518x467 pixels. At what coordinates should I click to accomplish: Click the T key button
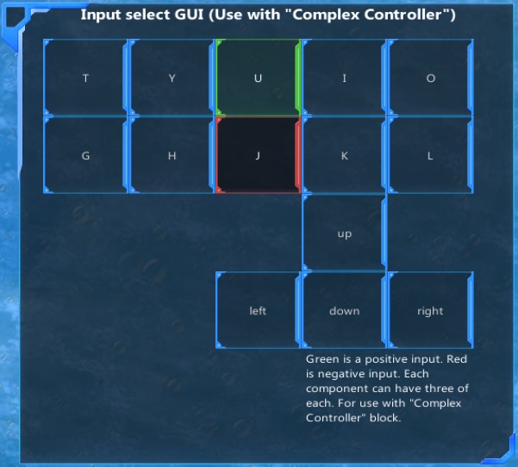tap(85, 78)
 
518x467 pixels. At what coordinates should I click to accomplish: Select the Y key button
tap(172, 78)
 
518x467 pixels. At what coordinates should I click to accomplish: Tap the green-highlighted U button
tap(258, 78)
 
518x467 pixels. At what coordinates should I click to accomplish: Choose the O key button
tap(430, 78)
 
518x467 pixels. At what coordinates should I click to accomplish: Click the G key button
tap(85, 156)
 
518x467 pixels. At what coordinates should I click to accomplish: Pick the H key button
tap(172, 156)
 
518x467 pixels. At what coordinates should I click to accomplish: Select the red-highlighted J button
tap(258, 156)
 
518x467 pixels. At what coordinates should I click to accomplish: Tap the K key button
tap(344, 156)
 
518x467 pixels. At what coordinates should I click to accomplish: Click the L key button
tap(430, 156)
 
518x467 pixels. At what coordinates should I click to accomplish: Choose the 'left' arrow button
tap(258, 311)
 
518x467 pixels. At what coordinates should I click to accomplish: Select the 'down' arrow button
tap(344, 311)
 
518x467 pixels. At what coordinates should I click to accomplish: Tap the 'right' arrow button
tap(430, 311)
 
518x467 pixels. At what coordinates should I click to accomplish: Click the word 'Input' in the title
tap(101, 16)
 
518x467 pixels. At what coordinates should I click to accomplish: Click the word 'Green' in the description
tap(322, 359)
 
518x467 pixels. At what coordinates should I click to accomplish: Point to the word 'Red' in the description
tap(454, 359)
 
